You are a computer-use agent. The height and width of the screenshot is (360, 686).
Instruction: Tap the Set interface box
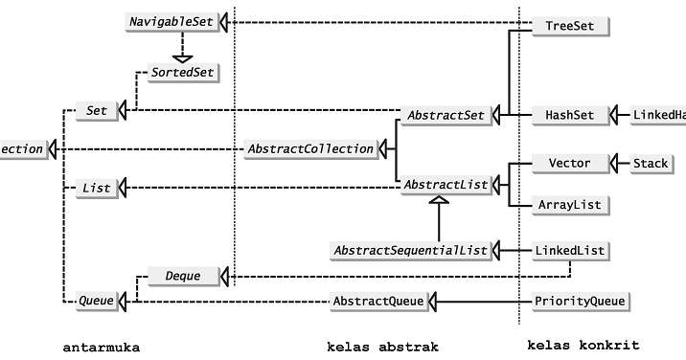point(97,111)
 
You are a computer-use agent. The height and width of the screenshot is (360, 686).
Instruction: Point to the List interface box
point(96,189)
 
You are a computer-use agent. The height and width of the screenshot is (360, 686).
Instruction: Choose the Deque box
point(182,276)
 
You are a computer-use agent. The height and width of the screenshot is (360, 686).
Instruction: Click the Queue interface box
point(96,302)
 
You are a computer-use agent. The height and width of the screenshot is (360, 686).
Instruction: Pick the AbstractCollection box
point(309,148)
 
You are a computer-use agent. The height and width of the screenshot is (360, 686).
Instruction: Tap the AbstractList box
point(446,184)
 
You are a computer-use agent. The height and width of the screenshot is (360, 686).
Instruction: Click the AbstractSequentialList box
point(410,250)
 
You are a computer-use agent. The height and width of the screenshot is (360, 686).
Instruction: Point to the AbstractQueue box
point(377,302)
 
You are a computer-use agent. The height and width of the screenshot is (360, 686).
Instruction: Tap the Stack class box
point(650,163)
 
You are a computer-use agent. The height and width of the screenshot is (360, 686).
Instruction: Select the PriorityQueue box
point(581,302)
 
